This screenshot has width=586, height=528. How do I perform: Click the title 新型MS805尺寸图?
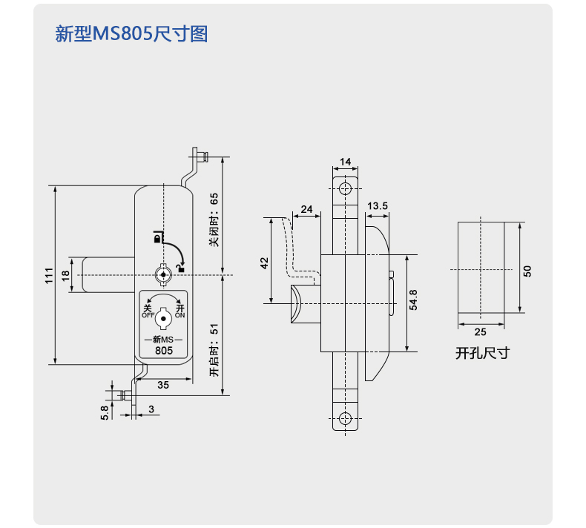click(x=131, y=34)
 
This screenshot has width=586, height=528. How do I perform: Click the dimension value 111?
click(x=48, y=275)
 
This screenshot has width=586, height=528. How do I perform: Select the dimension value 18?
click(x=65, y=275)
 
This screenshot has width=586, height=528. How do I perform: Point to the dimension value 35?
click(x=163, y=384)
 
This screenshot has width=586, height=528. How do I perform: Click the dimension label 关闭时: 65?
click(x=214, y=220)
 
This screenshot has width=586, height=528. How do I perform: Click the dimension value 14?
click(x=346, y=162)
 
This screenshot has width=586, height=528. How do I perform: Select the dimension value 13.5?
click(x=378, y=205)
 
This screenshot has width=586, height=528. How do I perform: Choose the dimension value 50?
click(x=527, y=271)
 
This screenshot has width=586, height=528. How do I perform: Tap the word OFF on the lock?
click(x=148, y=315)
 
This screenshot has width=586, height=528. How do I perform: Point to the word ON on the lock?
click(x=180, y=315)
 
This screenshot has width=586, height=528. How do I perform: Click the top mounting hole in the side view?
click(x=346, y=189)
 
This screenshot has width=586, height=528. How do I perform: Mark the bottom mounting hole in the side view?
click(x=346, y=418)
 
